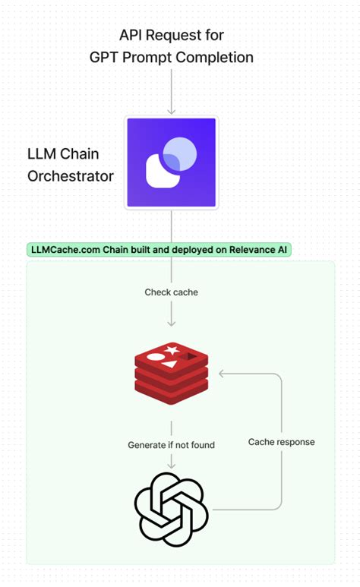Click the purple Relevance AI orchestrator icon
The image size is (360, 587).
click(x=172, y=163)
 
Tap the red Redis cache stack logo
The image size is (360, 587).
click(x=172, y=376)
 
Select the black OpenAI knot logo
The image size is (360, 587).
click(x=172, y=508)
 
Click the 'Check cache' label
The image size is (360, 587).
click(x=172, y=292)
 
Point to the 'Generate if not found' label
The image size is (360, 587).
click(x=172, y=444)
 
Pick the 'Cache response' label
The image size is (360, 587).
click(x=281, y=441)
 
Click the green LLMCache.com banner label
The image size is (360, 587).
click(x=159, y=250)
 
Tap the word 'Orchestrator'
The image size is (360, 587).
click(x=70, y=177)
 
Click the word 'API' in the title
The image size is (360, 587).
click(x=133, y=35)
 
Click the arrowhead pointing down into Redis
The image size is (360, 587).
click(x=172, y=324)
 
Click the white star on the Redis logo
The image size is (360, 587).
click(x=172, y=350)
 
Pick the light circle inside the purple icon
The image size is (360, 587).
click(x=181, y=153)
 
